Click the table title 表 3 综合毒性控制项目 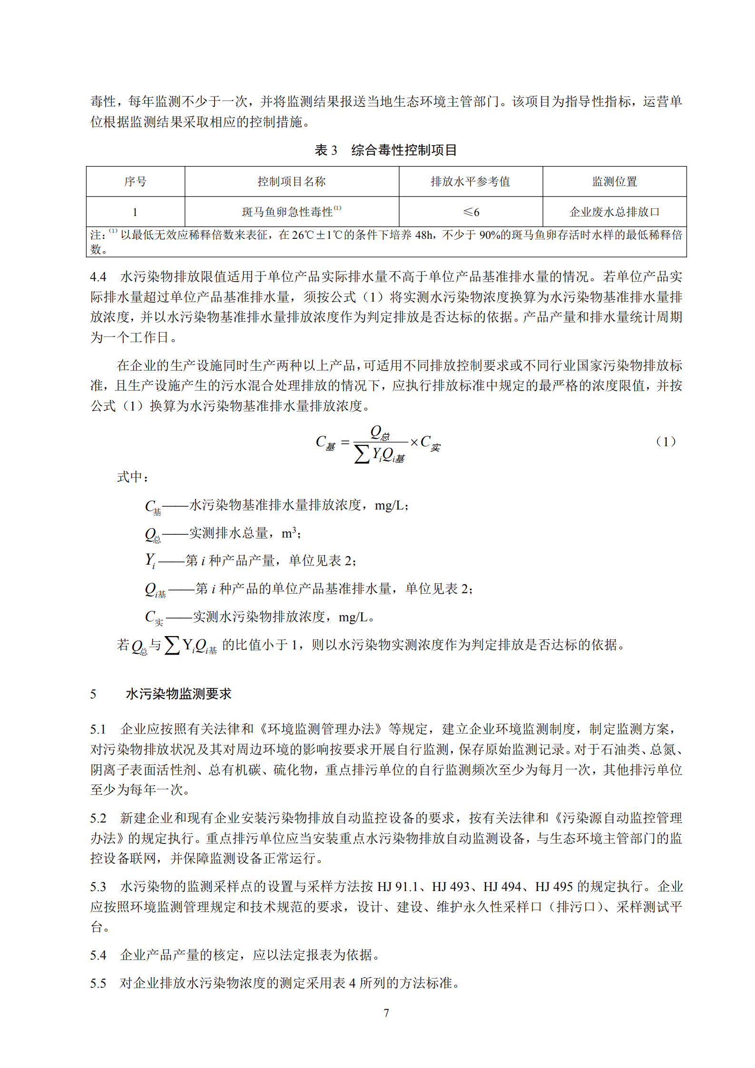tap(386, 150)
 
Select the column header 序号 tap(135, 182)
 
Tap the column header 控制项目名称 tap(292, 182)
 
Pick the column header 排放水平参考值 tap(470, 182)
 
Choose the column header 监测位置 tap(614, 182)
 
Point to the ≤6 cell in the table tap(471, 212)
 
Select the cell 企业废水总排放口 tap(614, 212)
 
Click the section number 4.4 tap(98, 277)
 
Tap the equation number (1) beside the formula tap(666, 441)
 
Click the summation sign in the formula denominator tap(362, 454)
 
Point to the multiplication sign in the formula tap(414, 442)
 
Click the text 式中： tap(133, 477)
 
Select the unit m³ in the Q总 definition tap(289, 533)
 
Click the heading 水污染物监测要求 tap(178, 694)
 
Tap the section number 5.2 tap(98, 818)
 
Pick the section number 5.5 tap(98, 983)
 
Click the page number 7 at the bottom tap(386, 1013)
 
